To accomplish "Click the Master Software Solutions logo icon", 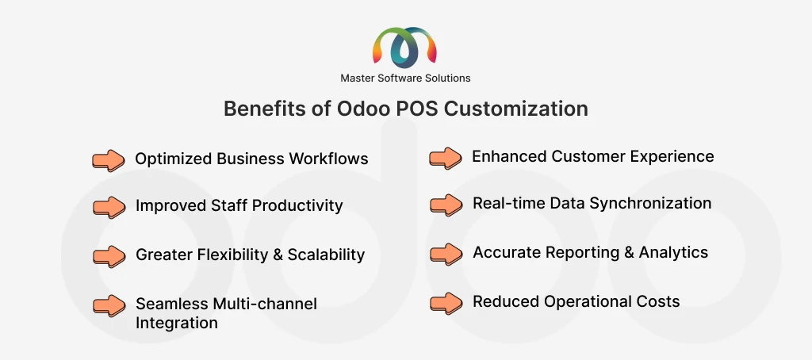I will (x=405, y=48).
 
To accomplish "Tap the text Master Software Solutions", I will (x=405, y=78).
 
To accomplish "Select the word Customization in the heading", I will (x=515, y=109).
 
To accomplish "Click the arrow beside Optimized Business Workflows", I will (x=109, y=159).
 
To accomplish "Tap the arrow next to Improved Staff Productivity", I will (x=109, y=207).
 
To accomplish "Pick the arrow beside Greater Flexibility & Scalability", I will (x=109, y=255).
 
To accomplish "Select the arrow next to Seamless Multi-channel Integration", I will (x=109, y=304).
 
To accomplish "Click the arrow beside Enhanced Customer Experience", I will (x=446, y=157).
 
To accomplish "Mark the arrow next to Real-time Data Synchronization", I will (x=446, y=204).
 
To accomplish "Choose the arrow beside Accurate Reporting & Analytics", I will (x=446, y=254).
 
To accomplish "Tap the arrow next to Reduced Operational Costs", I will (x=446, y=302).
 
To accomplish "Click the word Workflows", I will (x=327, y=159).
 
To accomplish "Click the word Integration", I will (x=176, y=323).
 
